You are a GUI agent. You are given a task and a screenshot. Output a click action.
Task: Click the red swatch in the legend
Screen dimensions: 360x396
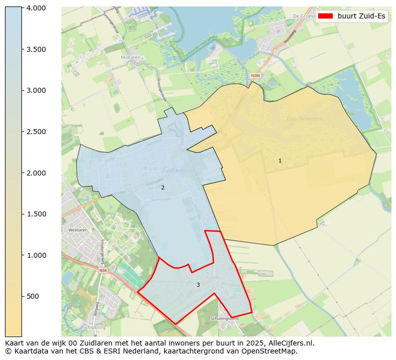(x=325, y=16)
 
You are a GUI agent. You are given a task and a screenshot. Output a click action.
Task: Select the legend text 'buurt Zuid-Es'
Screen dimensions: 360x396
(x=361, y=16)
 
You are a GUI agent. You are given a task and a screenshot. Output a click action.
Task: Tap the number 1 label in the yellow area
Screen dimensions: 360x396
(x=280, y=161)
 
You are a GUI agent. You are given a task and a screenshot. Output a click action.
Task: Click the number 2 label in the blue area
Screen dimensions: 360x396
(x=163, y=187)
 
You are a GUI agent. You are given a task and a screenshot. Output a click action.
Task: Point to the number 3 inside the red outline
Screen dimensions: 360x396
(x=198, y=285)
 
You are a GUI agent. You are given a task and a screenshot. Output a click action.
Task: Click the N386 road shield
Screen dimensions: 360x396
(x=255, y=76)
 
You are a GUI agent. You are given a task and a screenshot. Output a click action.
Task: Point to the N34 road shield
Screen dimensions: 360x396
(x=103, y=271)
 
